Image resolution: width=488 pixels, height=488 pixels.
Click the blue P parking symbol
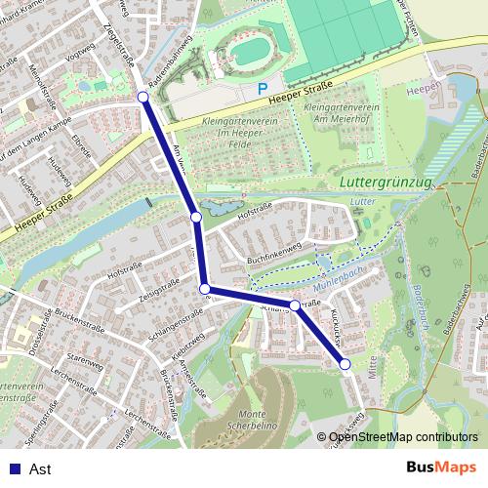261,89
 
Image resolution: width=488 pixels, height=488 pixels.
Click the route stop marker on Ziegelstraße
142,96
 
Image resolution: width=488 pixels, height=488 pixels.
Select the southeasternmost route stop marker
345,364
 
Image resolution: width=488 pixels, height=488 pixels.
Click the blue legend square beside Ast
12,468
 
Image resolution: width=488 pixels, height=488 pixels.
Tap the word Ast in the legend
40,468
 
